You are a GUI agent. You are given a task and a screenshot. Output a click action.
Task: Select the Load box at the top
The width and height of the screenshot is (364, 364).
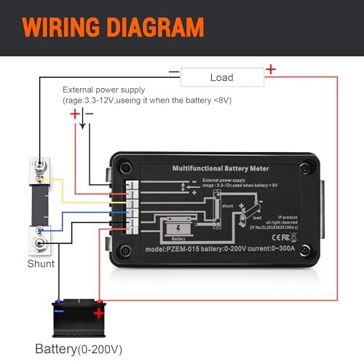(221, 77)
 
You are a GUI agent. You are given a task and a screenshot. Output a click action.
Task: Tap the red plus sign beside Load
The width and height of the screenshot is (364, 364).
(271, 70)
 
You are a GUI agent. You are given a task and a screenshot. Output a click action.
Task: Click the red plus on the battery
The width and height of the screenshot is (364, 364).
(98, 314)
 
